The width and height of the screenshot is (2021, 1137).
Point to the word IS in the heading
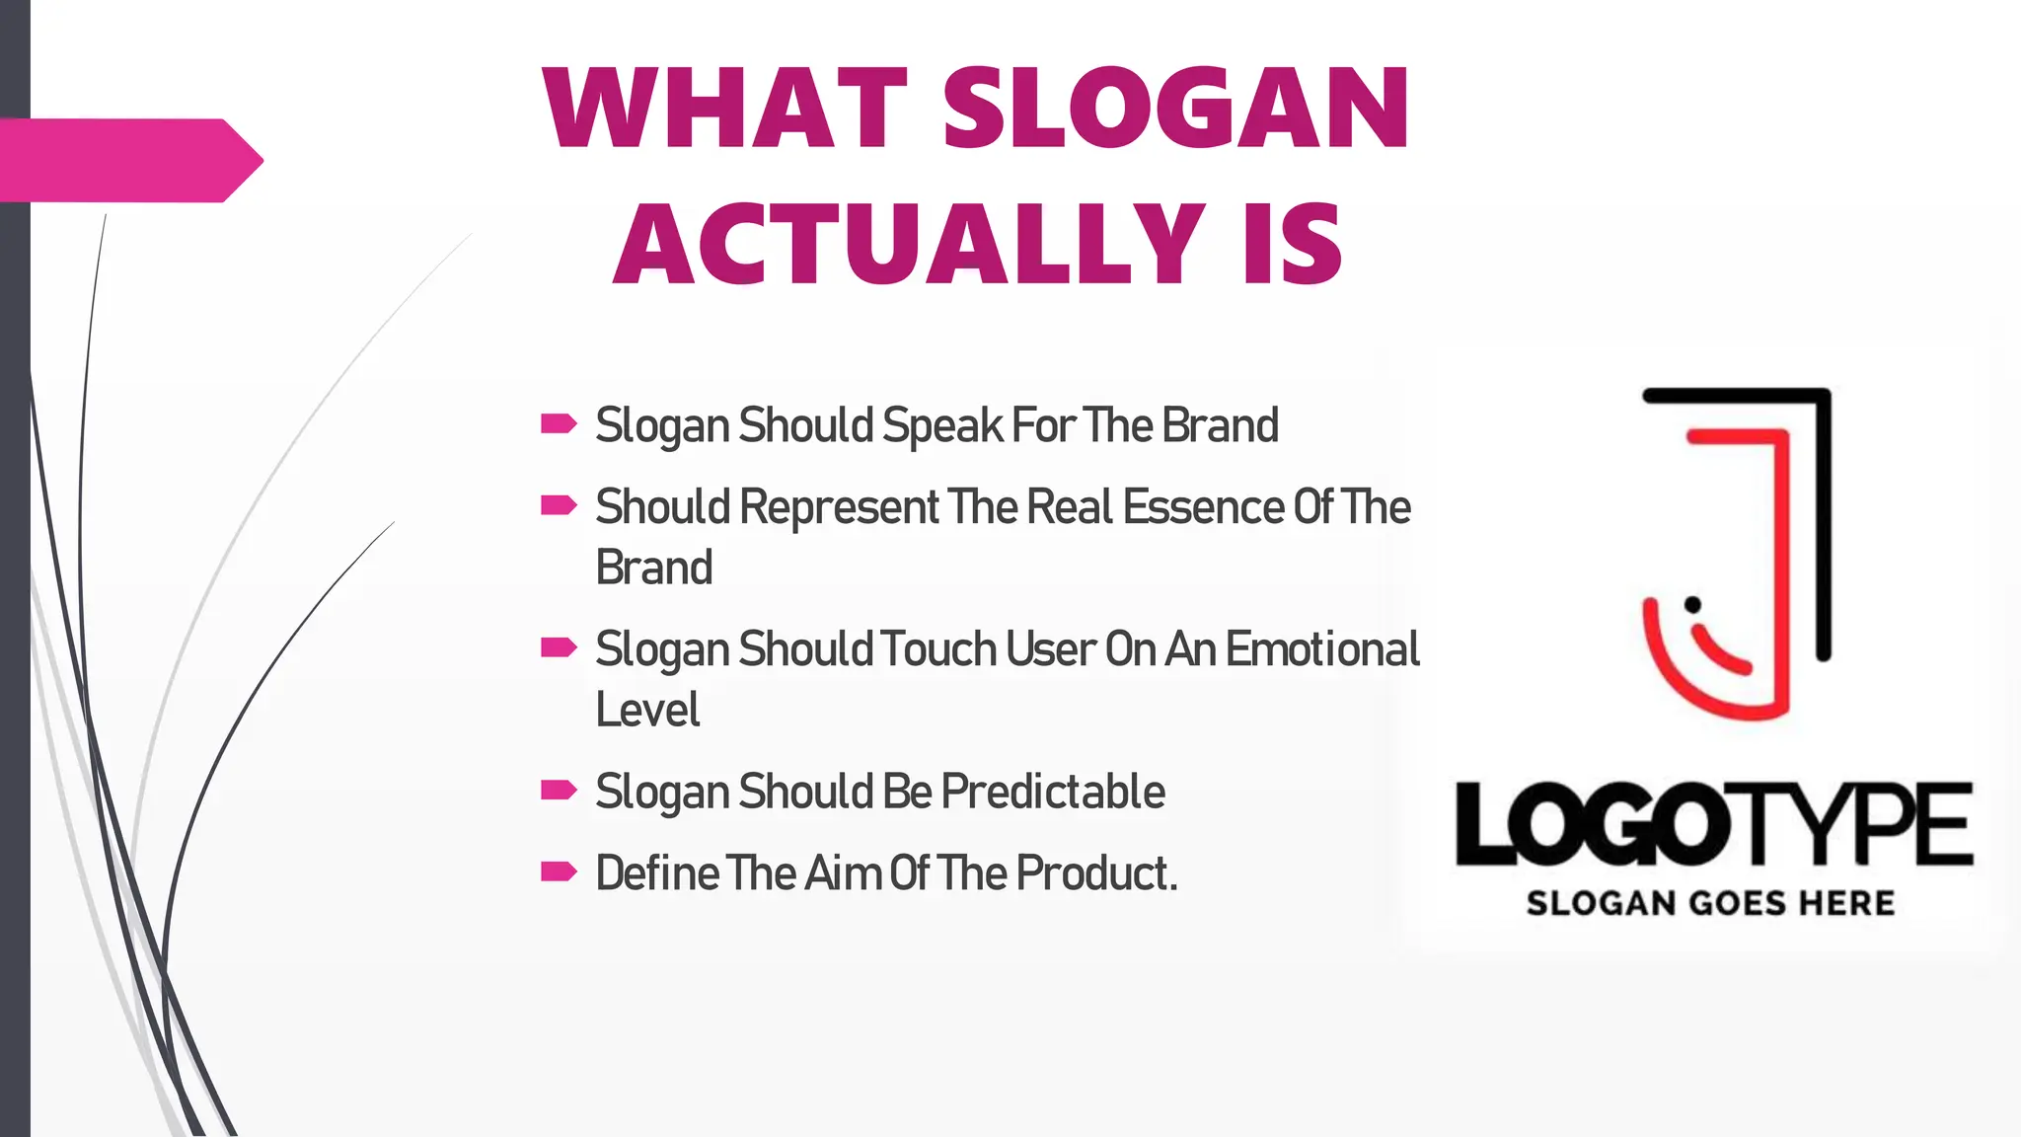coord(1293,243)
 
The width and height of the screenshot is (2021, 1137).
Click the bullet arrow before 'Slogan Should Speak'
coord(559,424)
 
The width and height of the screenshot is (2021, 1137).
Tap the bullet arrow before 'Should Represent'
coord(559,506)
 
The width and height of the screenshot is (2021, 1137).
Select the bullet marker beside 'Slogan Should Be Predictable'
coord(559,790)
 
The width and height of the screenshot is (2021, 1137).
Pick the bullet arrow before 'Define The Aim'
coord(559,872)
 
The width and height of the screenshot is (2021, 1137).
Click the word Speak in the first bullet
coord(942,426)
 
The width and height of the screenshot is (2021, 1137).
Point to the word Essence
coord(1203,507)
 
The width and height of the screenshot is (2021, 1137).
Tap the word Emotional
coord(1322,649)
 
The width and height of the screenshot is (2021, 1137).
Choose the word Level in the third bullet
coord(647,710)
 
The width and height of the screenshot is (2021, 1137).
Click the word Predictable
coord(1053,792)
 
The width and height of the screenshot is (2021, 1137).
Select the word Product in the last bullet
coord(1092,873)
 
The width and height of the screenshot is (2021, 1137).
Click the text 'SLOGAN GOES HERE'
coord(1710,903)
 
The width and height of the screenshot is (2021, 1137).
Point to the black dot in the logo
coord(1692,604)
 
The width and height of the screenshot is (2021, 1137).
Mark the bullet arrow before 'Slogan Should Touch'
coord(559,647)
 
